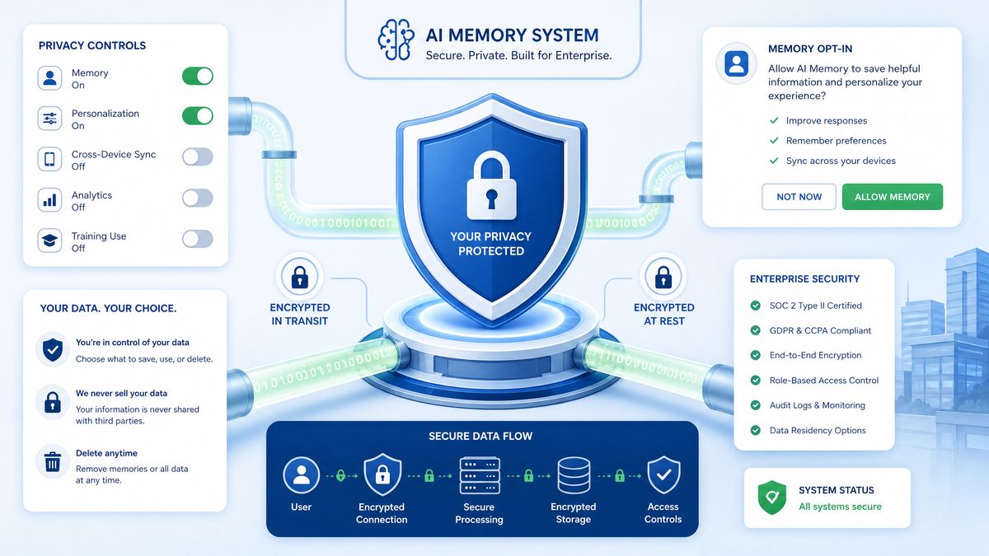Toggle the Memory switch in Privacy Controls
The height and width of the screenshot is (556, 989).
(197, 76)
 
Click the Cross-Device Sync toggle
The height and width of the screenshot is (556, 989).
(197, 157)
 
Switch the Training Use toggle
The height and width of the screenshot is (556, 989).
(197, 239)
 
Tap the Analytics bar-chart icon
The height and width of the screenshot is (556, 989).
(49, 200)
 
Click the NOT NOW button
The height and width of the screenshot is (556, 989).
(799, 197)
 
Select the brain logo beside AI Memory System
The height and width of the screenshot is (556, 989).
(396, 40)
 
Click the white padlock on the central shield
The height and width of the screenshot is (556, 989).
(491, 185)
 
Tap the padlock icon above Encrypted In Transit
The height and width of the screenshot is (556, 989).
(300, 277)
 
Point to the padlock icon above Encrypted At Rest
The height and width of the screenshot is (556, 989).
(663, 277)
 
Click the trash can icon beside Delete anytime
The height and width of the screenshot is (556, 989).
(53, 461)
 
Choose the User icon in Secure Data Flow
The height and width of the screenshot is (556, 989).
(301, 475)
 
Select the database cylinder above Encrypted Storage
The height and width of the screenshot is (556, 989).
(574, 475)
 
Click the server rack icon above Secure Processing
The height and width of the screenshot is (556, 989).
(480, 475)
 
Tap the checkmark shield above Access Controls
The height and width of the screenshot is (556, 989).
(663, 474)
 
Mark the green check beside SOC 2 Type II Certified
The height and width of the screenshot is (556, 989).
(756, 306)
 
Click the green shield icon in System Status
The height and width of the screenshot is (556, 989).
(771, 498)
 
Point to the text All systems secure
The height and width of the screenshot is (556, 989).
(840, 507)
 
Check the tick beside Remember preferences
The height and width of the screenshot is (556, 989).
(774, 140)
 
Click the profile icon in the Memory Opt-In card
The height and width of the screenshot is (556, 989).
(737, 63)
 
